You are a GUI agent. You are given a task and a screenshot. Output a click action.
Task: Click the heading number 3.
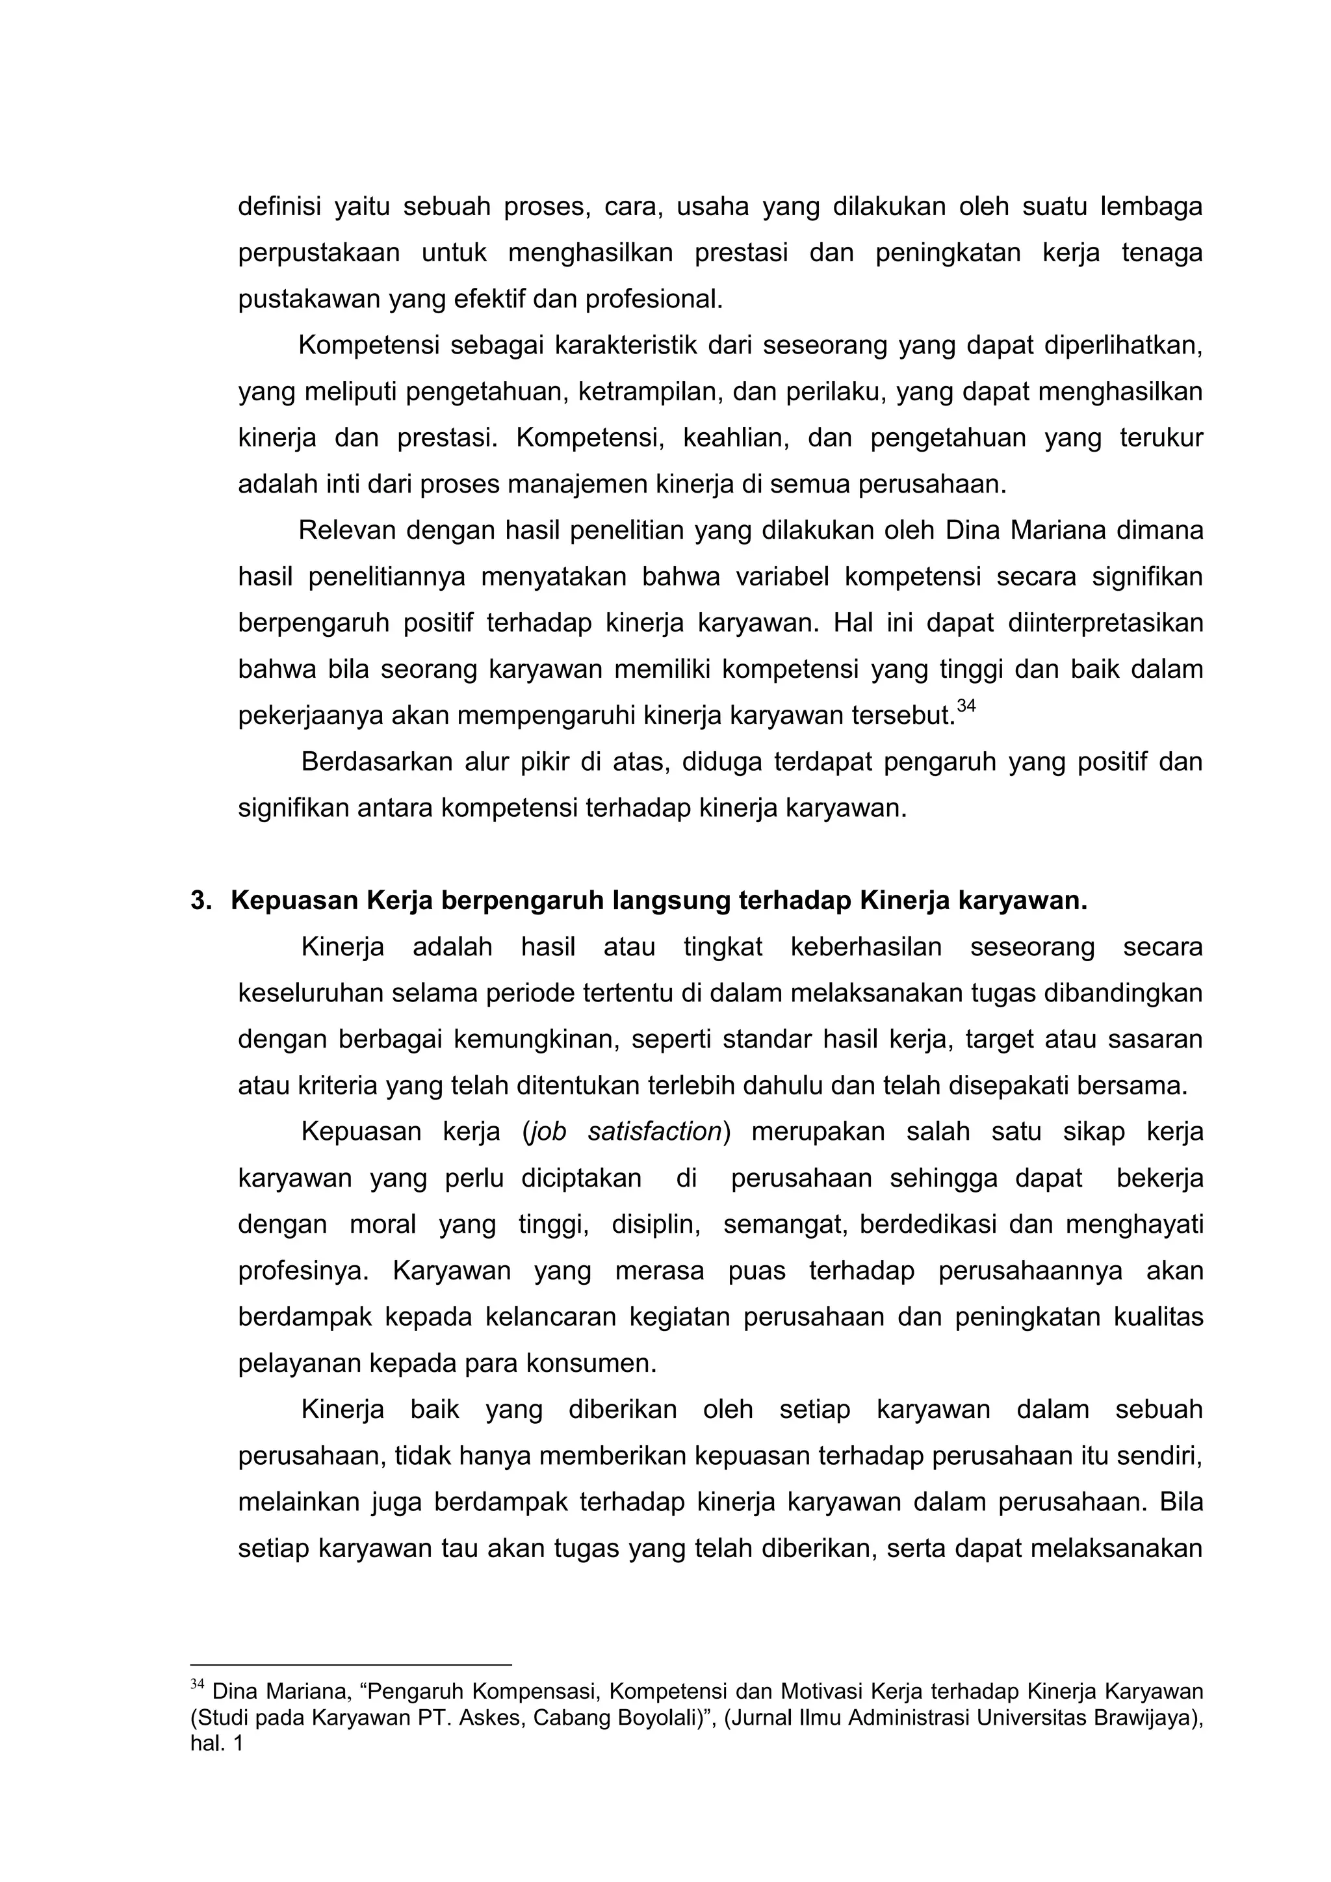click(201, 901)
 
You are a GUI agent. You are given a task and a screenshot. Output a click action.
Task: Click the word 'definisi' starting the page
click(279, 207)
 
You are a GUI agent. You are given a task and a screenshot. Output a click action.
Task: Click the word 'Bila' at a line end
click(1181, 1502)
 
